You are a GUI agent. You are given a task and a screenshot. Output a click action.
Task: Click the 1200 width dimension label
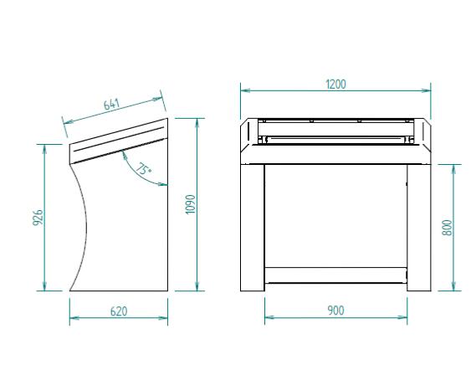(x=335, y=85)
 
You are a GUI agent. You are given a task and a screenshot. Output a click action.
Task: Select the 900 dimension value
(x=335, y=311)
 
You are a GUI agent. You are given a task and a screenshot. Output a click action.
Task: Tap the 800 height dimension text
(x=447, y=228)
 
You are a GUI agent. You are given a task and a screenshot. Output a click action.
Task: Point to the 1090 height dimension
(x=191, y=204)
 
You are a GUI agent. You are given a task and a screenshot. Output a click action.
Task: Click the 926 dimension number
(x=38, y=218)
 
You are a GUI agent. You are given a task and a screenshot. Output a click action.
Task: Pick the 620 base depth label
(x=119, y=311)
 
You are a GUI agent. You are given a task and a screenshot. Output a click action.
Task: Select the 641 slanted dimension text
(x=111, y=104)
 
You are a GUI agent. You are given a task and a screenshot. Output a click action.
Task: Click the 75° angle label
(x=144, y=168)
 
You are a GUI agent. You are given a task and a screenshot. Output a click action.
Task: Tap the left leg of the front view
(x=253, y=228)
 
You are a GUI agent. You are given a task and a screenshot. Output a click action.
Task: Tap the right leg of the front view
(x=419, y=228)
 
